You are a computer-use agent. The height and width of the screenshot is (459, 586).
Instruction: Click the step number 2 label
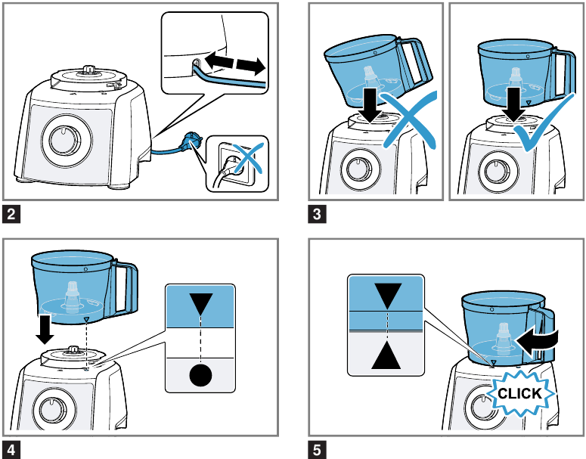pyautogui.click(x=11, y=214)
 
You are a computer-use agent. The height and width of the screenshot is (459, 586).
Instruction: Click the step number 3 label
pyautogui.click(x=317, y=214)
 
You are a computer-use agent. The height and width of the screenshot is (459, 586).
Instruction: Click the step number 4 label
pyautogui.click(x=11, y=450)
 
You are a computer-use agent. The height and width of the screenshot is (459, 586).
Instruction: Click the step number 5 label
pyautogui.click(x=317, y=450)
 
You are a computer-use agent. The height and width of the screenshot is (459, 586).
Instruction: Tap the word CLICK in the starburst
pyautogui.click(x=519, y=393)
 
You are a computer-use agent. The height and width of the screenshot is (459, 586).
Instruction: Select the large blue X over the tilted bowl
pyautogui.click(x=410, y=119)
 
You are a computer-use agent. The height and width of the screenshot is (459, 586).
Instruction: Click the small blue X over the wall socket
pyautogui.click(x=246, y=159)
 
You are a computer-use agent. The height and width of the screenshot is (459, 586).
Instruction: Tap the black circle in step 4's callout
pyautogui.click(x=200, y=375)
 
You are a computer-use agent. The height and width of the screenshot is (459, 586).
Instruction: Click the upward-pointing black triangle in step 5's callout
pyautogui.click(x=386, y=355)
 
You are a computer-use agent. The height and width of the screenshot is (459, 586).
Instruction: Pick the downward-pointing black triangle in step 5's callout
pyautogui.click(x=388, y=296)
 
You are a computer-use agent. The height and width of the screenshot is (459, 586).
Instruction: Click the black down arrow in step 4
pyautogui.click(x=45, y=329)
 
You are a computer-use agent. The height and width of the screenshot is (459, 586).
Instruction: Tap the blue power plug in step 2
pyautogui.click(x=191, y=143)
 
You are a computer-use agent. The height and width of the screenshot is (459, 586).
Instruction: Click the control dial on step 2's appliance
pyautogui.click(x=66, y=140)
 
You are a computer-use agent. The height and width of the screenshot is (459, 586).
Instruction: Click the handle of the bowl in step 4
pyautogui.click(x=126, y=288)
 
